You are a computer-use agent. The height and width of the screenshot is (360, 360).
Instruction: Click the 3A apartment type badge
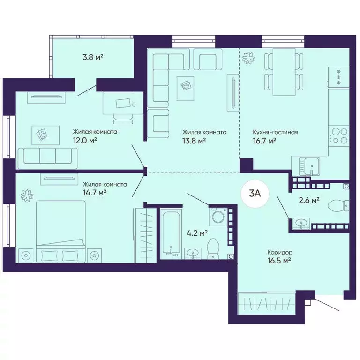255,194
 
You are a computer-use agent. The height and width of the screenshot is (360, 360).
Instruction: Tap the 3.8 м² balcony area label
93,57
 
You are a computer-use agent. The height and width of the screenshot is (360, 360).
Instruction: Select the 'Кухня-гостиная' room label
275,132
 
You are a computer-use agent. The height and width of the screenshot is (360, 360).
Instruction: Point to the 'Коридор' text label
280,252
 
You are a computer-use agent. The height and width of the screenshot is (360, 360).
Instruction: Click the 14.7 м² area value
94,192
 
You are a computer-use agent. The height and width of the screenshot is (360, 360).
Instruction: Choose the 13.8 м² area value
194,140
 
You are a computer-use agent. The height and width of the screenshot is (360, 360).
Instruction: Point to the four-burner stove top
338,136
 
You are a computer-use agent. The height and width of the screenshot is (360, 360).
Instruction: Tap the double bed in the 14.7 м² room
61,232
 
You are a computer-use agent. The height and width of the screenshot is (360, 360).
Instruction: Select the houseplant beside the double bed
27,195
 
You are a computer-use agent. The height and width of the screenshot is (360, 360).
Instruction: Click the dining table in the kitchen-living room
284,72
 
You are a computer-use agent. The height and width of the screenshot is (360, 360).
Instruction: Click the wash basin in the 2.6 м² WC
301,223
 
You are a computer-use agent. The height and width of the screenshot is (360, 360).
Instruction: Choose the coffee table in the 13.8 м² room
185,88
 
